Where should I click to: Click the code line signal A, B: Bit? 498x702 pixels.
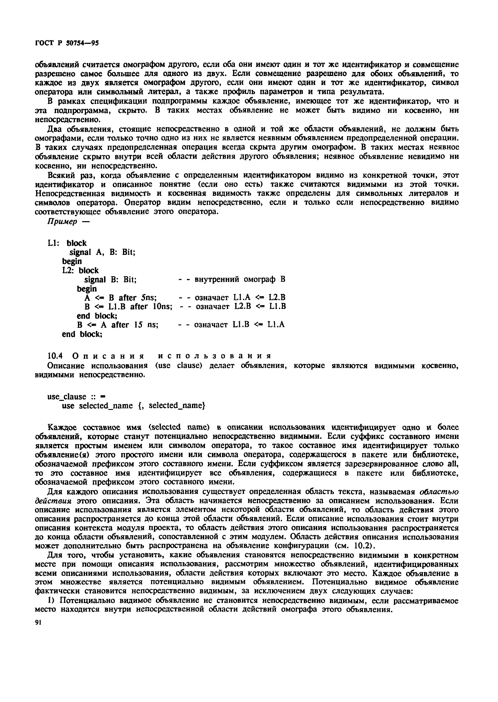point(102,252)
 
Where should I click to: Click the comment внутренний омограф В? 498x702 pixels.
point(239,279)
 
